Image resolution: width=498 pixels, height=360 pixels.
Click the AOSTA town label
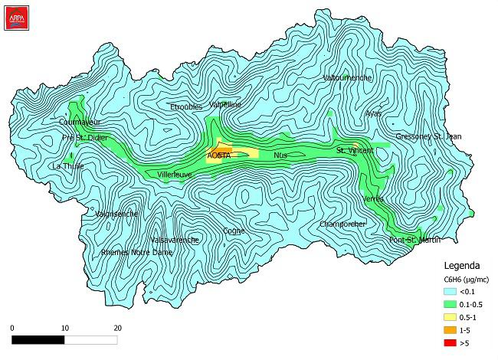tap(218, 155)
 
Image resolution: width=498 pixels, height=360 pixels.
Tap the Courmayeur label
tap(80, 122)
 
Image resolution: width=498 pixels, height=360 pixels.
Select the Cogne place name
tap(234, 231)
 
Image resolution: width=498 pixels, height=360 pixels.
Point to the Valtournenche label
tap(348, 78)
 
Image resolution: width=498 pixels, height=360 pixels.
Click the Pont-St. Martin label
tap(414, 241)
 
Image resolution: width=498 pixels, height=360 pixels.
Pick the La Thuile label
tap(67, 166)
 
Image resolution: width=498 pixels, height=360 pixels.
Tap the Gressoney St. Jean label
tap(428, 136)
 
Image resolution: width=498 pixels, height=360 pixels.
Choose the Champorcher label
tap(343, 224)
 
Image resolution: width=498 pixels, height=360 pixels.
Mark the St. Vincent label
tap(355, 151)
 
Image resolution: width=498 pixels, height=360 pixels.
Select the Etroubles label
tap(187, 106)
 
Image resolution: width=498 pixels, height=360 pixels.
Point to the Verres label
tap(373, 198)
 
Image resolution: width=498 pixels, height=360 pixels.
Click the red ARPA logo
tap(17, 15)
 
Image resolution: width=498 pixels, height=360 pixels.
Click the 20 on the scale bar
tap(117, 328)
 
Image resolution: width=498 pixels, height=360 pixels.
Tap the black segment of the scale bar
tap(38, 338)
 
